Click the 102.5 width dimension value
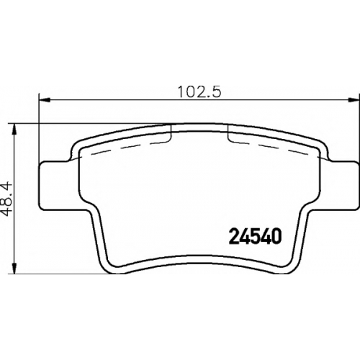coord(199,91)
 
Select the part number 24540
coord(255,235)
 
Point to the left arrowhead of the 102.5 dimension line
coord(45,100)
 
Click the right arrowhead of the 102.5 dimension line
coord(354,100)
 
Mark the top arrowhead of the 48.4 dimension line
coord(15,130)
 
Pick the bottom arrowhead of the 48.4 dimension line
coord(15,268)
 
